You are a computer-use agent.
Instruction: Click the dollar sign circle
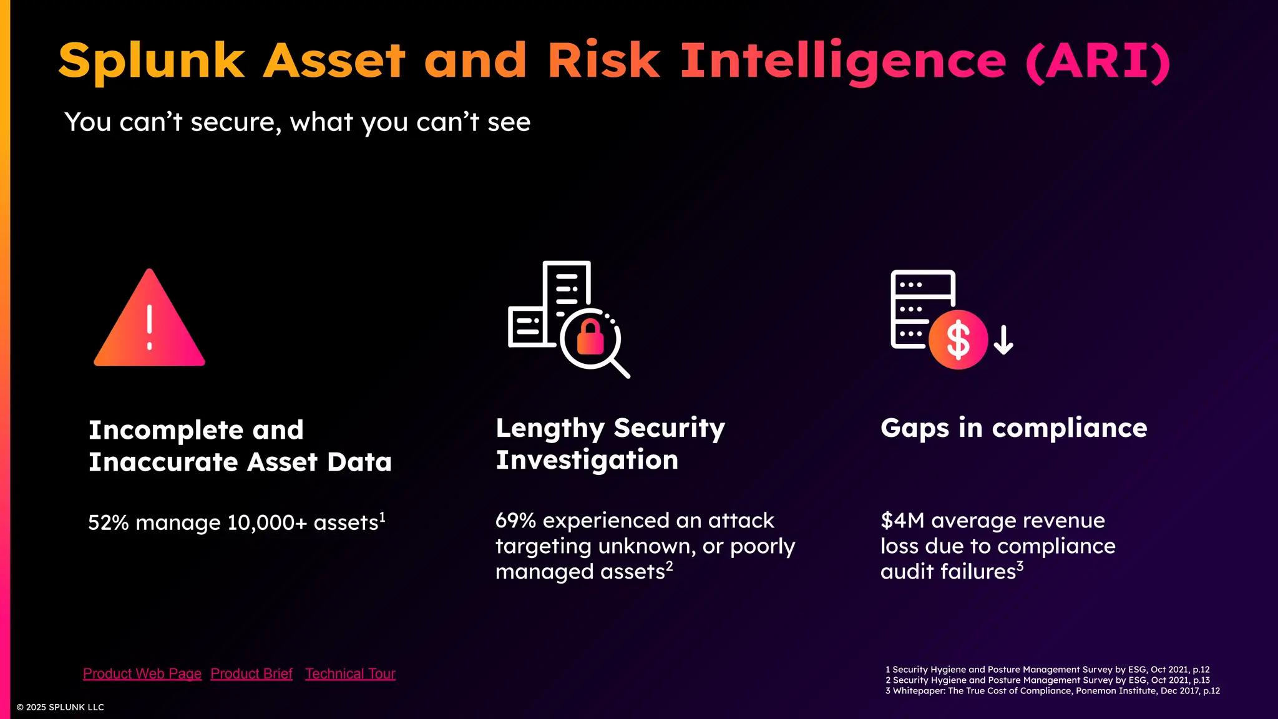958,340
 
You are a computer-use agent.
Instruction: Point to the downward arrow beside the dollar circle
1003,340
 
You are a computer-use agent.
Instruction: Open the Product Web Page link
142,674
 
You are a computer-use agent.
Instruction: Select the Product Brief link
251,674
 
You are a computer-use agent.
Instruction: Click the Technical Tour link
350,674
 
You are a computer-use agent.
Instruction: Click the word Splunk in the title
152,61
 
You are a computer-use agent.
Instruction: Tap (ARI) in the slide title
1098,61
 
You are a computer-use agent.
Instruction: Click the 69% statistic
515,521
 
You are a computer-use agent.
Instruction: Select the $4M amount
902,521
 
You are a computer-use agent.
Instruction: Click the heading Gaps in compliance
1013,428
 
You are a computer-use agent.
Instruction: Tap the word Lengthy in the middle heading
550,429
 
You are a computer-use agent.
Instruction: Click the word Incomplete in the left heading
165,430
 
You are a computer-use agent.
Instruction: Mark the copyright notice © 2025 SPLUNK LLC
61,707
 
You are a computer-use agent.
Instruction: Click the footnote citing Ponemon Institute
1052,691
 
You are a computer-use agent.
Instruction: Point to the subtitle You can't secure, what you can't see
297,122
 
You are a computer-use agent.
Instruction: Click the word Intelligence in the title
843,61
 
